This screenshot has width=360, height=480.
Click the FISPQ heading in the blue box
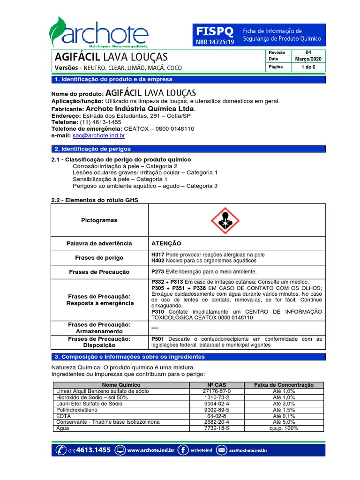coord(214,31)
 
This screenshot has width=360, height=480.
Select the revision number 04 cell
coord(307,52)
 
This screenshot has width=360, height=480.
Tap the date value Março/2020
coord(307,60)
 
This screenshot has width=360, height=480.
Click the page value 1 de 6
coord(307,67)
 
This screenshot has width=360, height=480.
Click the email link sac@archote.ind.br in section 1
coord(98,135)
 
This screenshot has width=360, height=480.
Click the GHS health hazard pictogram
coord(226,220)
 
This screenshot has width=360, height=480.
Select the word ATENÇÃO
coord(166,244)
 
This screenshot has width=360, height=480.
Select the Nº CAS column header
coord(217,385)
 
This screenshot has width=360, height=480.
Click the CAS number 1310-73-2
coord(217,397)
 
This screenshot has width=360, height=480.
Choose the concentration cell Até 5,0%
coord(284,422)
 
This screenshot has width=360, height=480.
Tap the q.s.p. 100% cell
coord(284,428)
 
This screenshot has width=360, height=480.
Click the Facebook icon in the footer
coord(183,450)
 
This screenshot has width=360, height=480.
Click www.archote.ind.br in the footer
coord(150,450)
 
